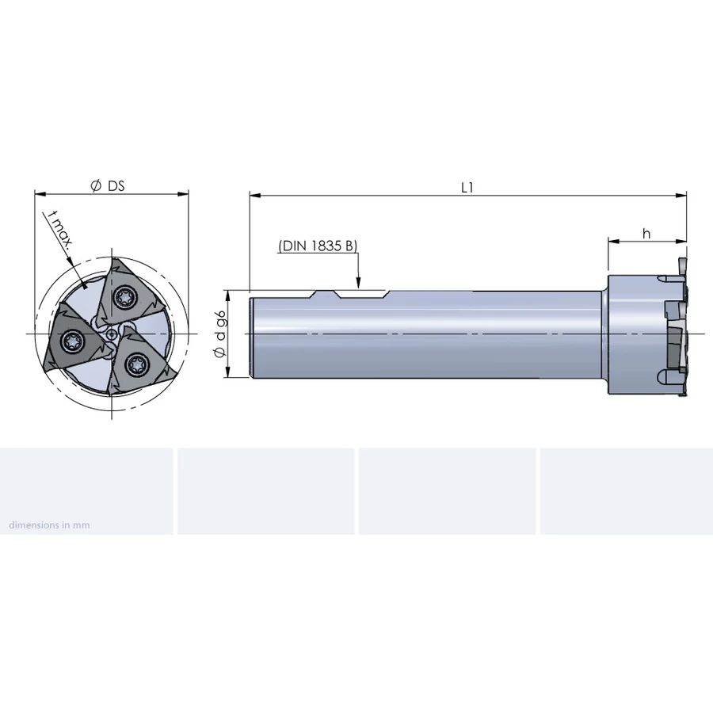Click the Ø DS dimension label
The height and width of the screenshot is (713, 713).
tap(107, 186)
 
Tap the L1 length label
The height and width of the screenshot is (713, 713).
tap(467, 188)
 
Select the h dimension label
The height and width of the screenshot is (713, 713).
tap(646, 233)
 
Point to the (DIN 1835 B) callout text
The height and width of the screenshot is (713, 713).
tap(318, 246)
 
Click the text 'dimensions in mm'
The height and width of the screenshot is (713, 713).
tap(50, 524)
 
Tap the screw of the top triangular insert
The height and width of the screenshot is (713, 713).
tap(124, 297)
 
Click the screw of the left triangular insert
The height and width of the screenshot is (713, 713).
tap(72, 339)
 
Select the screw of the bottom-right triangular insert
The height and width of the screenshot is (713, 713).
tap(135, 364)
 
